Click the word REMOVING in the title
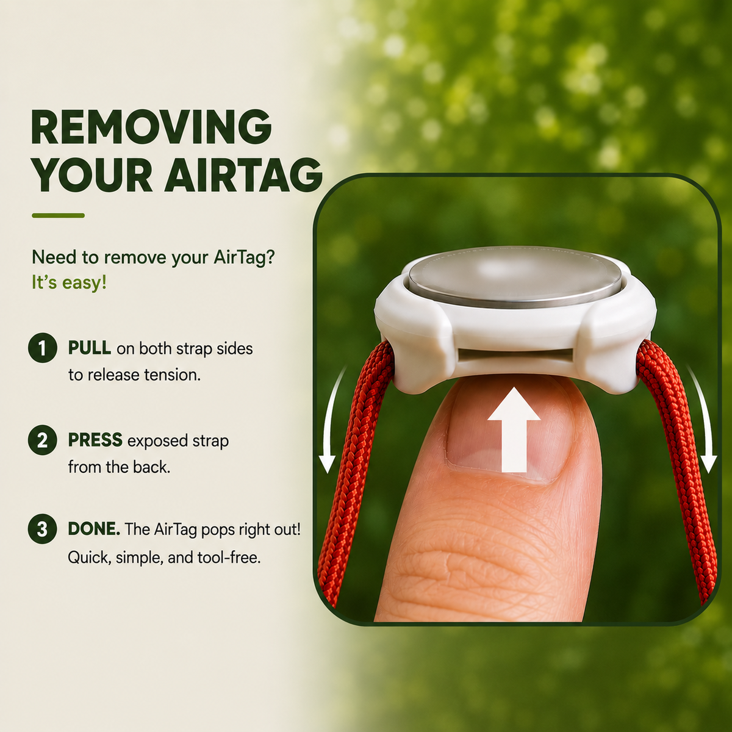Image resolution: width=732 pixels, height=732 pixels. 151,127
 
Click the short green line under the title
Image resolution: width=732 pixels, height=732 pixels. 59,215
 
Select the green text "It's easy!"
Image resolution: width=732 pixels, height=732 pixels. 69,282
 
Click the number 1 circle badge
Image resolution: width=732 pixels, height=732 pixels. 43,348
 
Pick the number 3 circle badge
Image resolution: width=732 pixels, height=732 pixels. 43,529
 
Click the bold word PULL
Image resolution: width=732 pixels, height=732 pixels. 90,348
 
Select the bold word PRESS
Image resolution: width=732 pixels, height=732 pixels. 95,440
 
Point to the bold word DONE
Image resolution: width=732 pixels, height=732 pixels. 94,529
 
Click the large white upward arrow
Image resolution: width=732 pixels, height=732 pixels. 514,429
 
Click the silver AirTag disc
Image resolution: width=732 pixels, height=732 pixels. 515,276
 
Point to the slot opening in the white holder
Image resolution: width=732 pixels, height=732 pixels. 515,356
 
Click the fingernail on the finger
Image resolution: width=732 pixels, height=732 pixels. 508,437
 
